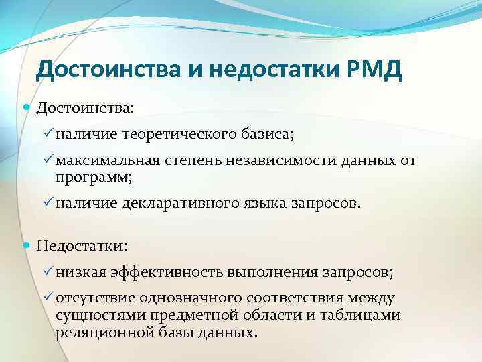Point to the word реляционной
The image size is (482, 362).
[96, 333]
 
